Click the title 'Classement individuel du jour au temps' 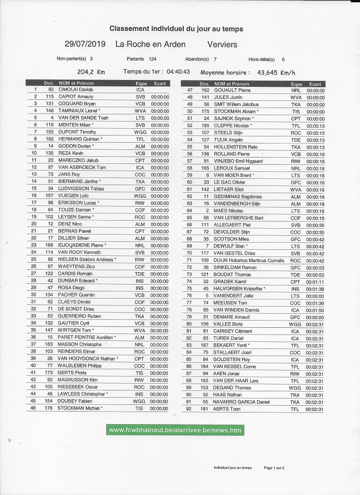tap(176, 29)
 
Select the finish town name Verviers tap(222, 44)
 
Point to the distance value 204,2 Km tap(91, 72)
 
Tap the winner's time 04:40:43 tap(178, 72)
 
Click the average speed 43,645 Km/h tap(273, 72)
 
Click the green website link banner tap(175, 430)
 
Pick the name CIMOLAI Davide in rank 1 tap(76, 90)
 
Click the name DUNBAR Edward tap(76, 281)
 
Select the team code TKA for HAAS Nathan tap(295, 395)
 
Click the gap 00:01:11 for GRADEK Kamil tap(316, 282)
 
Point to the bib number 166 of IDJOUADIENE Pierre tap(49, 245)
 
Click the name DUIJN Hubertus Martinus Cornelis tap(249, 260)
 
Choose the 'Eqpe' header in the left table tap(141, 83)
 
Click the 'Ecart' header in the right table tap(315, 84)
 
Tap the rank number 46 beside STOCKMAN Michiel tap(33, 408)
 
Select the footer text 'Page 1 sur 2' tap(274, 468)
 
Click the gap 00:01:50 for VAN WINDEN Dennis tap(316, 310)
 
